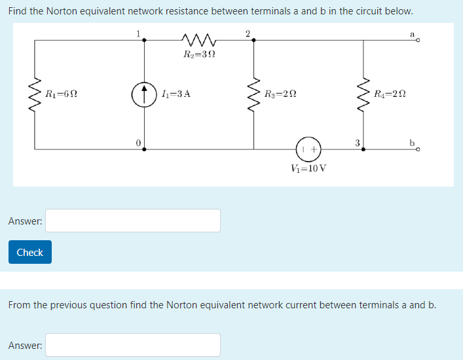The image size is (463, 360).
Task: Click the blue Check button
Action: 29,252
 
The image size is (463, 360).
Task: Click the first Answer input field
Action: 133,221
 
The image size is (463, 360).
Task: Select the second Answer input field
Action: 133,345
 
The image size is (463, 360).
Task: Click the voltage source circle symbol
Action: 308,149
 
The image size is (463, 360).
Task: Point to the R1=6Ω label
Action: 62,94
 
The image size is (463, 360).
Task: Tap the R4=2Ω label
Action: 390,94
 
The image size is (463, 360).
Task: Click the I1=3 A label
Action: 175,94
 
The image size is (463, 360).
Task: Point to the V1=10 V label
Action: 308,168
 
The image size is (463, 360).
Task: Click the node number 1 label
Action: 138,32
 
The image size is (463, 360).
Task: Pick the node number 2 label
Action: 247,32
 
